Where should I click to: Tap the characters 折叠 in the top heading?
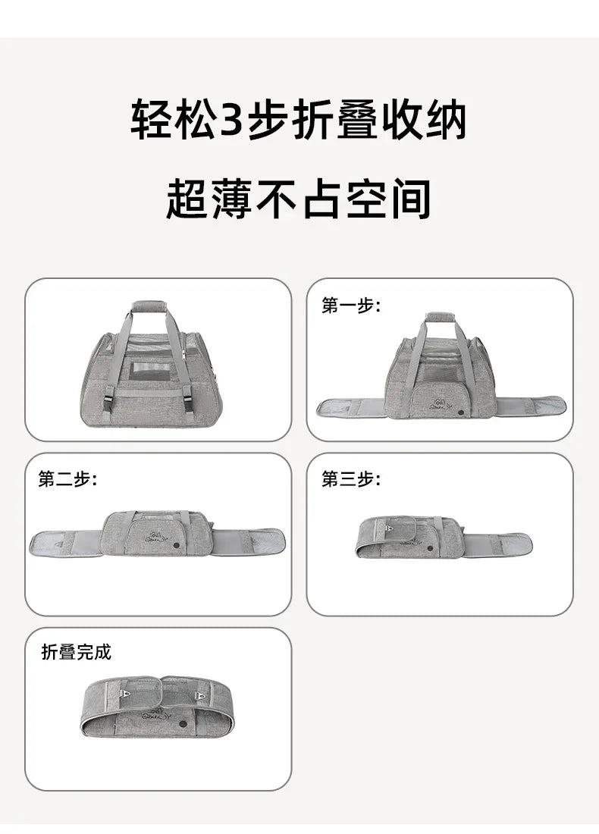click(331, 121)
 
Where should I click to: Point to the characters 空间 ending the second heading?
click(390, 199)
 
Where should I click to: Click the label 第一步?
click(350, 306)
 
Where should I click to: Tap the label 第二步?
click(67, 480)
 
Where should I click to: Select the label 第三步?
click(350, 480)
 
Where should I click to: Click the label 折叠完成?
click(76, 652)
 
